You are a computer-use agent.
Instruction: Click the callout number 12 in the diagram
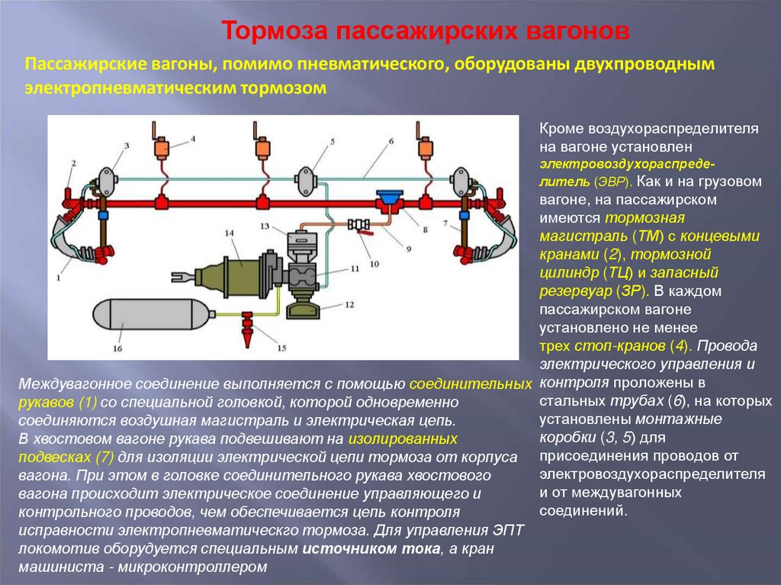click(x=350, y=304)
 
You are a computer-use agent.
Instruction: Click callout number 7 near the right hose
click(x=445, y=223)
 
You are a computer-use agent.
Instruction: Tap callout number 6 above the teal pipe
click(x=390, y=141)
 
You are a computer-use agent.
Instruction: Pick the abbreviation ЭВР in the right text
click(x=611, y=182)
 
